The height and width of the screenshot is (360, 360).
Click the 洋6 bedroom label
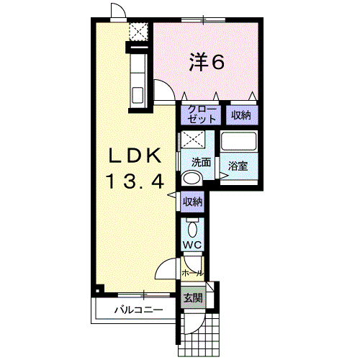point(207,62)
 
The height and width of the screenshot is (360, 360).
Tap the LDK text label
point(135,156)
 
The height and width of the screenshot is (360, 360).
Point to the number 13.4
point(135,181)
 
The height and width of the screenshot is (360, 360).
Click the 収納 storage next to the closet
point(241,115)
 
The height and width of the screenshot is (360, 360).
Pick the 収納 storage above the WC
point(193,202)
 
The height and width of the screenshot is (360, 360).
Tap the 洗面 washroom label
point(201,162)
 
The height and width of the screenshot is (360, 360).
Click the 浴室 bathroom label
point(238,166)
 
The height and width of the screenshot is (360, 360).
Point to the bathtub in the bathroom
point(239,141)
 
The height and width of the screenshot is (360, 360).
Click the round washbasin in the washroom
point(192,179)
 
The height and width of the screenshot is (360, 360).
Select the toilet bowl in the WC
point(192,230)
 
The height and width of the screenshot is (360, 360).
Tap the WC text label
point(192,245)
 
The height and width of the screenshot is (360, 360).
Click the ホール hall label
point(192,273)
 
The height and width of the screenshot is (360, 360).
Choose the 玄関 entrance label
point(193,298)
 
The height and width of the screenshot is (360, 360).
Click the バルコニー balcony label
point(138,310)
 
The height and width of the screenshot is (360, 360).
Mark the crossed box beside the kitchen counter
point(138,32)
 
